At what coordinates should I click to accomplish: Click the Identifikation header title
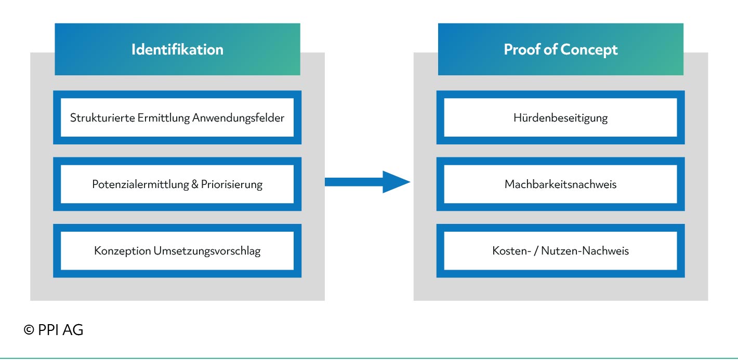177,49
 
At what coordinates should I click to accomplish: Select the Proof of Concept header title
560,50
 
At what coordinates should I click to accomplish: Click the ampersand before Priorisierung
195,184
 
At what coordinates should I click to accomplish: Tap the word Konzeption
123,251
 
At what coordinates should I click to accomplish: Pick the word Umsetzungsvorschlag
207,251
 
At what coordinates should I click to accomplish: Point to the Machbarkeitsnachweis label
560,184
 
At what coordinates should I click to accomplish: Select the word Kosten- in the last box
511,251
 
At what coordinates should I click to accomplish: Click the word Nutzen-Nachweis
585,251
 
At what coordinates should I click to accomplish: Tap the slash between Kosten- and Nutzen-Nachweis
536,251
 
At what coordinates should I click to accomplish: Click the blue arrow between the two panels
367,182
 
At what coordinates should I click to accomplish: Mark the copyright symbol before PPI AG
29,330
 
